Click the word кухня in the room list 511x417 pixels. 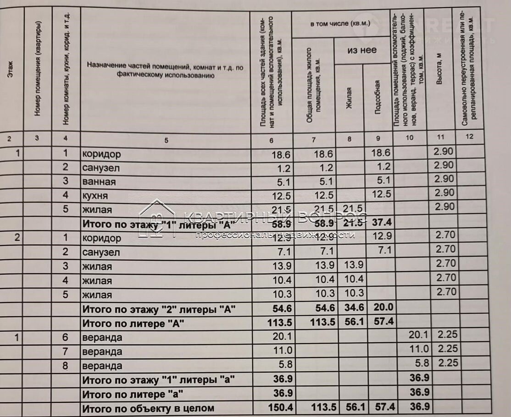point(95,196)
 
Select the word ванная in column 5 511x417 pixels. point(99,182)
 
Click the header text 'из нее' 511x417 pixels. point(362,50)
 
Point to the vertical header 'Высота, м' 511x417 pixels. point(440,68)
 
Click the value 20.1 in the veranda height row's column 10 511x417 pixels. point(418,336)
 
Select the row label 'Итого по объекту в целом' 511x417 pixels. point(148,408)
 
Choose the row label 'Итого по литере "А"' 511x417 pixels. point(133,323)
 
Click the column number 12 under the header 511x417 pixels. point(467,137)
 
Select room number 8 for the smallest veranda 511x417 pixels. point(66,366)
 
